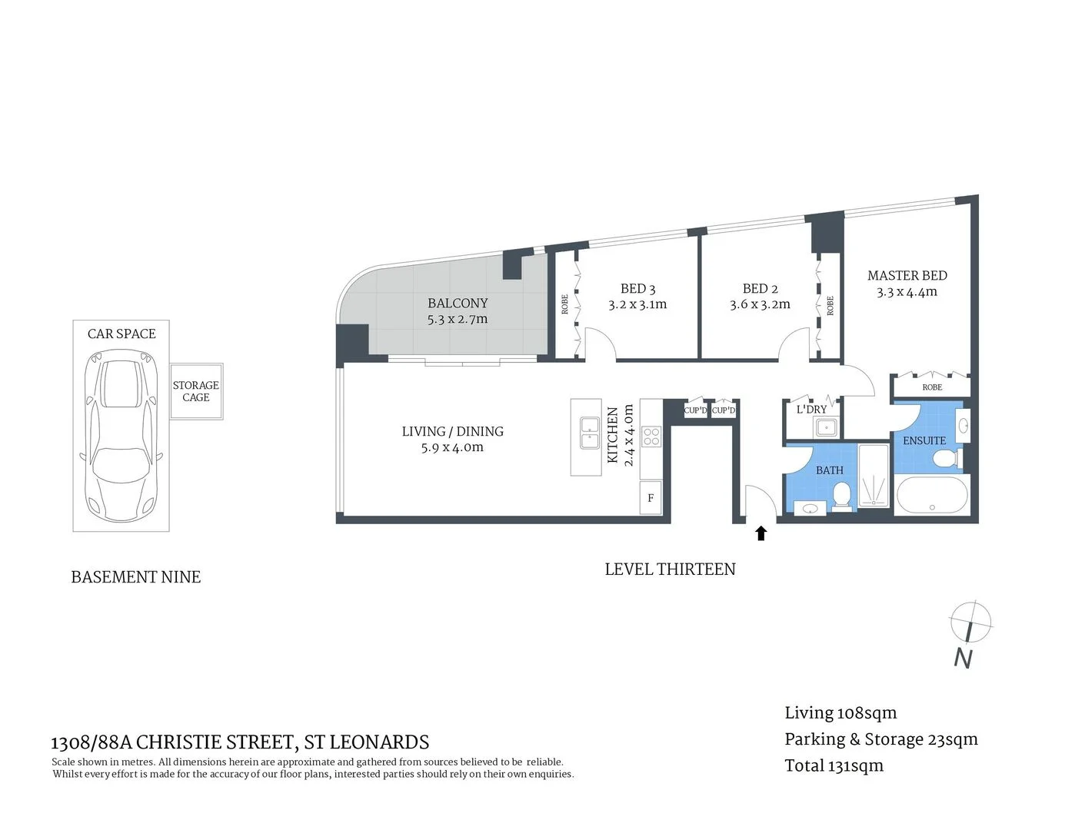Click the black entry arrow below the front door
tap(760, 533)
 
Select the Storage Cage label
tap(195, 391)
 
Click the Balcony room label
tap(458, 304)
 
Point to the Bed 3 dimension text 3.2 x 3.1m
tap(637, 304)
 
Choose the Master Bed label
tap(907, 275)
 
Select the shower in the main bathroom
tap(874, 477)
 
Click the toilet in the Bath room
tap(843, 495)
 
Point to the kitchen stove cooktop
tap(651, 437)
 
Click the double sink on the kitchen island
tap(590, 433)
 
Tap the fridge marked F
tap(651, 498)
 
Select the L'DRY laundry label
tap(811, 409)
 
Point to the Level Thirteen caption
tap(670, 569)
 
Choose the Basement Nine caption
tap(135, 577)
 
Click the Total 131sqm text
tap(834, 765)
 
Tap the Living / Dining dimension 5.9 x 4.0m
tap(452, 447)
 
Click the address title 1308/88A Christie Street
tap(239, 742)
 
